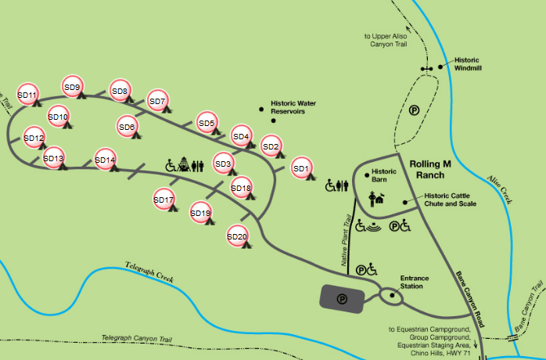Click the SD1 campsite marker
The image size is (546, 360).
pos(301,167)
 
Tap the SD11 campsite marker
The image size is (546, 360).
pos(27,95)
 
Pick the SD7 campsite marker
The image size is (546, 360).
pos(157,102)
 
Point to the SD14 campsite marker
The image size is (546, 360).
pos(105,160)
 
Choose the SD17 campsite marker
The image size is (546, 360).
pos(163,200)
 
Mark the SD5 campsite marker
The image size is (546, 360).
pos(207,123)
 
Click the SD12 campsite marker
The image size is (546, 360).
pos(34,139)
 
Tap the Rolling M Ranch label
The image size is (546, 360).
pos(431,168)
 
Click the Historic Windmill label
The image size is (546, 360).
pos(467,63)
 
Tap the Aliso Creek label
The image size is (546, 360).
pos(504,189)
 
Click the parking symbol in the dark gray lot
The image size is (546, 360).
pos(341,297)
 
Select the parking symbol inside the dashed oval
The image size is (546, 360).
pos(413,112)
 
